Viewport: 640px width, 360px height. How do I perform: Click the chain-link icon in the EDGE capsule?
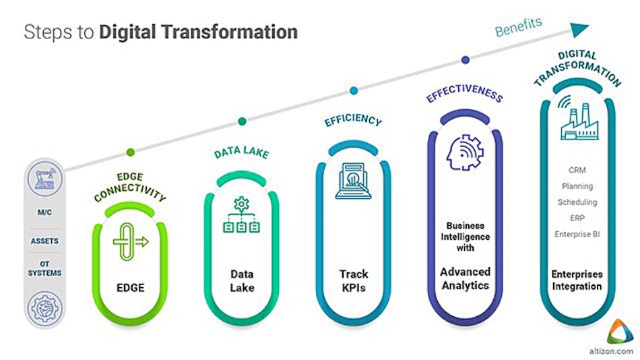127,239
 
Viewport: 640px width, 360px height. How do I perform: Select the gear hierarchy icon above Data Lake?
241,215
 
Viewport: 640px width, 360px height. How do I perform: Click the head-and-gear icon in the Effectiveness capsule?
465,152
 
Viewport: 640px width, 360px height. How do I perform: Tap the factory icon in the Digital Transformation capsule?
577,119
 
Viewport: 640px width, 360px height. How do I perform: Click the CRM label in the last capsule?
577,170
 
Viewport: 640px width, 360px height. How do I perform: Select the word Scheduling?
577,202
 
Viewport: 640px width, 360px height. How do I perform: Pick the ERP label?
577,218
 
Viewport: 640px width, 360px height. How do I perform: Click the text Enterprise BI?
577,234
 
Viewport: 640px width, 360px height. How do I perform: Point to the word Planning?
577,186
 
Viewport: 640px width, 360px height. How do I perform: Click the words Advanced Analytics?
465,278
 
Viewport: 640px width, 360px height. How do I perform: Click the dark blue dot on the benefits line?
465,60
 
